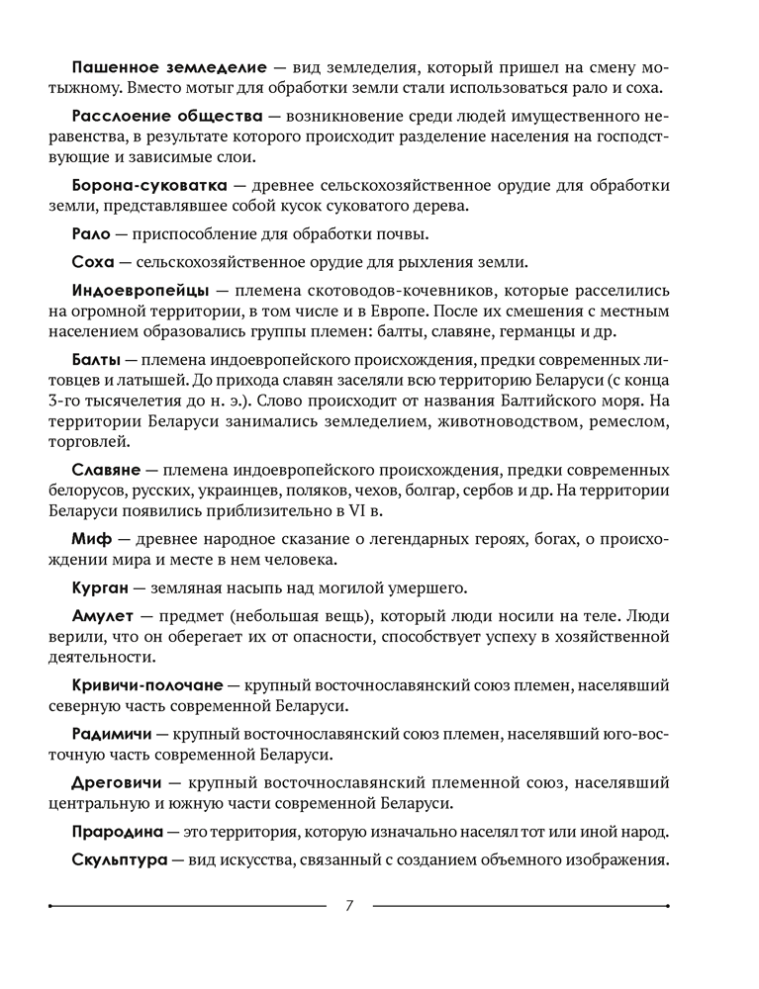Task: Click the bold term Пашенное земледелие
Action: click(x=169, y=67)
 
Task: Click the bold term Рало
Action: click(x=92, y=234)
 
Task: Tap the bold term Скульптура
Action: click(x=121, y=859)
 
